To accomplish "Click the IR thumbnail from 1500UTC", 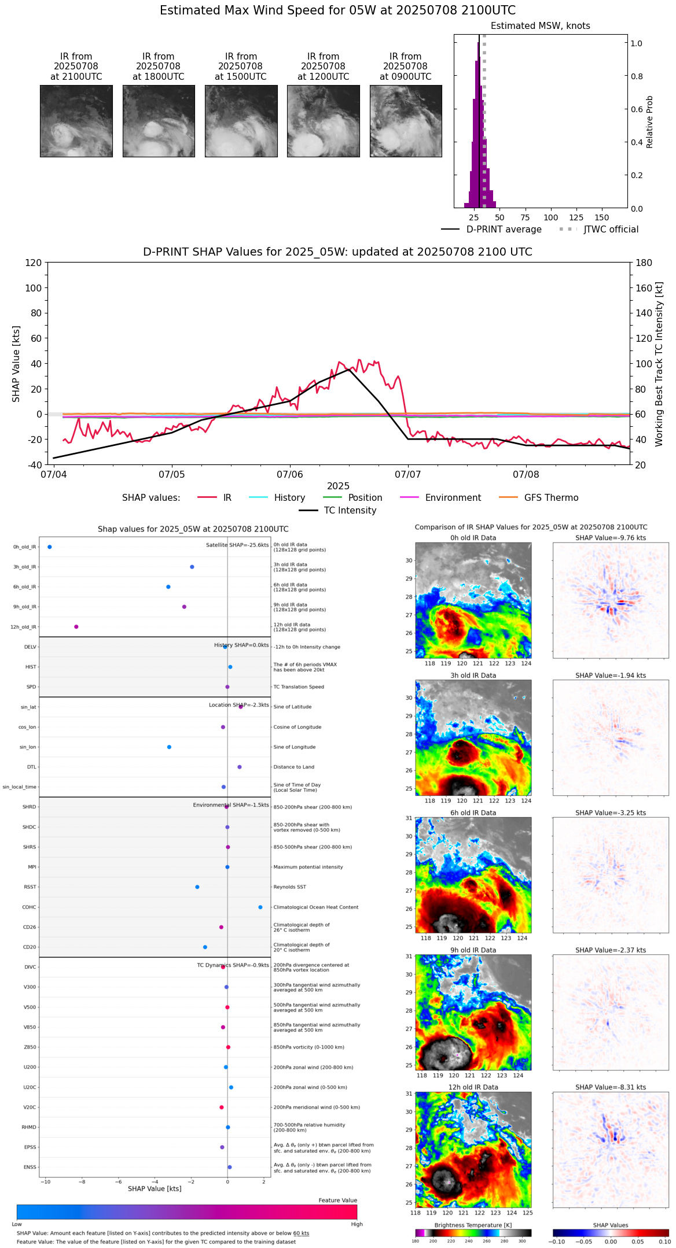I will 241,121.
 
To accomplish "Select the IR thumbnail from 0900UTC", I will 406,121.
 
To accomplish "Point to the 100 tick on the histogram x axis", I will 550,217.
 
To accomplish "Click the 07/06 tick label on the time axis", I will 289,475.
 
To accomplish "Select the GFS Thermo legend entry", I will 551,498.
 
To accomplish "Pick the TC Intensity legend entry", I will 350,511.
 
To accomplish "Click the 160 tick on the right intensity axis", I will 644,288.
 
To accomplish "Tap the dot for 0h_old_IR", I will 50,547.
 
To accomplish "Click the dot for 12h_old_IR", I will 76,627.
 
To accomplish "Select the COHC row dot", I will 260,907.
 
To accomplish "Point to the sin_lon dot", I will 169,747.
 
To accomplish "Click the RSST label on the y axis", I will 30,887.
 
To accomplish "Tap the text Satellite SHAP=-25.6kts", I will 237,545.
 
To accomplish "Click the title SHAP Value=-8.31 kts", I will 611,1087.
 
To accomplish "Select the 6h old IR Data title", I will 473,813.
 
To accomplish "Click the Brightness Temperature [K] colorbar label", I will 473,1225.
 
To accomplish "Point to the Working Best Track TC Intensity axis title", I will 659,364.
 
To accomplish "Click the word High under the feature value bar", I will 357,1224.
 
